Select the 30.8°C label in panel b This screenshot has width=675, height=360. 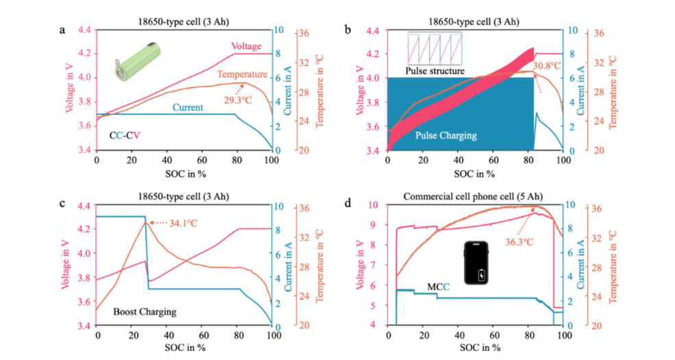coord(548,66)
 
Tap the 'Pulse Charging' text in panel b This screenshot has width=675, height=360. coord(445,136)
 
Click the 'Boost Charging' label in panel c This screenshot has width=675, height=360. coord(145,311)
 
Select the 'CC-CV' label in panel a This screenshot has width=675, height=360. coord(125,136)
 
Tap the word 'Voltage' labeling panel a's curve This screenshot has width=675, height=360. coord(246,45)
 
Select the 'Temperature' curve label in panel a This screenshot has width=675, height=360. coord(242,74)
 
